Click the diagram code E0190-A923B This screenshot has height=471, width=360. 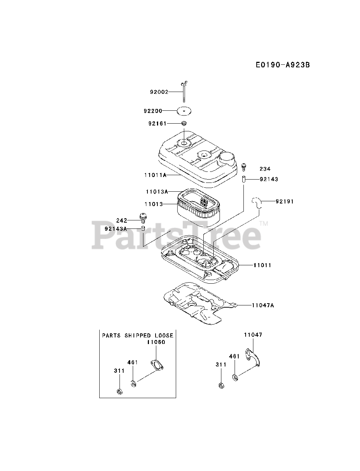pos(283,65)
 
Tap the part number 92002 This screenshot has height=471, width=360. pos(159,92)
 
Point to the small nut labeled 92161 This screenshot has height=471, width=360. pos(184,123)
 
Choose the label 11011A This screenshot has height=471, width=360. pos(155,175)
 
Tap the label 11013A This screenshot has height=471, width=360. pos(157,191)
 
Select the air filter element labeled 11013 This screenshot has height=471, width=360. pos(199,208)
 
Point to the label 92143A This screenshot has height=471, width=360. pos(116,229)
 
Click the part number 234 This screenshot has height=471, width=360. pos(265,169)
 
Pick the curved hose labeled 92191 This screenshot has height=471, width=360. pos(257,202)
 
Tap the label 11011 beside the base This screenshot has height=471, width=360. pos(262,265)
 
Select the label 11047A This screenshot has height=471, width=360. pos(263,305)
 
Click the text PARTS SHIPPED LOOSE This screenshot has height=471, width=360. pos(138,336)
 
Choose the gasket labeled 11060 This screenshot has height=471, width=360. pos(157,364)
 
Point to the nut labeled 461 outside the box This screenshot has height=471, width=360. pos(235,377)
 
